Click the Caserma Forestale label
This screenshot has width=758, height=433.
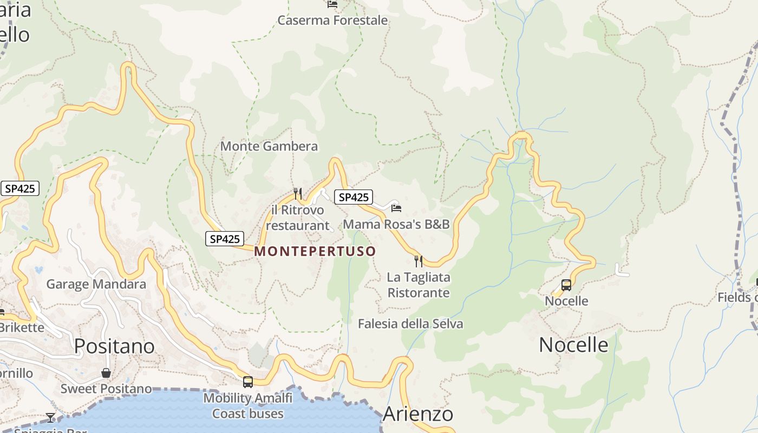coord(332,21)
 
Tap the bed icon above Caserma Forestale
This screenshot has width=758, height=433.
coord(332,4)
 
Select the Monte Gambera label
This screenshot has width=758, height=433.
coord(269,146)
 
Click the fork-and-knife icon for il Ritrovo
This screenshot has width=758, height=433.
coord(297,193)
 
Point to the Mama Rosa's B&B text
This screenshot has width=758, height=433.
coord(396,224)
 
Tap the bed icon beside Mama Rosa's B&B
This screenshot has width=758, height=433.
coord(396,208)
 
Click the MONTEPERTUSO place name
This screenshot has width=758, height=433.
coord(315,251)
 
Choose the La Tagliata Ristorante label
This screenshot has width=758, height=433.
coord(419,285)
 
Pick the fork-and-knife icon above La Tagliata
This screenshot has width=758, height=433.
coord(419,261)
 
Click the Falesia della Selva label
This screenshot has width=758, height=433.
coord(410,324)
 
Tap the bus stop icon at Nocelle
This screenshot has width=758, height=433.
coord(566,285)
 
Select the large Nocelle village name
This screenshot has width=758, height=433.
coord(573,345)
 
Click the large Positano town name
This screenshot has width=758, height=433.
coord(114,346)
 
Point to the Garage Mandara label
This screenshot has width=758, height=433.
coord(96,284)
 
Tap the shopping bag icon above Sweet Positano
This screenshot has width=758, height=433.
coord(106,373)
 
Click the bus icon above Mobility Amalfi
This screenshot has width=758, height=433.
coord(248,382)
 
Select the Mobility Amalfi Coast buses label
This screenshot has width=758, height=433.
coord(248,406)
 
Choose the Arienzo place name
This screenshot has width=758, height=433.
coord(417,414)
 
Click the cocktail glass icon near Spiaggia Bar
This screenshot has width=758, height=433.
coord(50,417)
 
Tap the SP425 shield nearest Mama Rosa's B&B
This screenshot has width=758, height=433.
coord(354,198)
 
